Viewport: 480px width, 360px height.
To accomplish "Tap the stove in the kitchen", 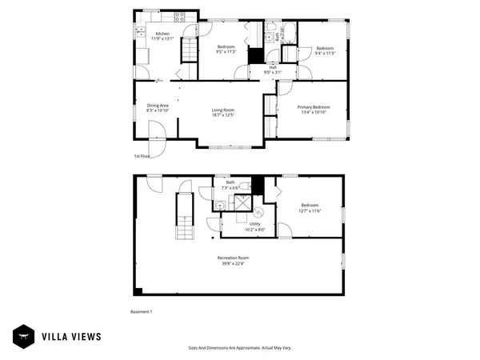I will tap(180, 15).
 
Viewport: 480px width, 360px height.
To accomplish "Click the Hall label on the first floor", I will tap(274, 66).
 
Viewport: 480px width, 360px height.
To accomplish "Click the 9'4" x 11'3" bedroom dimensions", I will tap(325, 53).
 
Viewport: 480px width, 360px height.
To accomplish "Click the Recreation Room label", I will tap(234, 257).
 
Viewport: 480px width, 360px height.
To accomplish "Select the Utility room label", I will tap(254, 223).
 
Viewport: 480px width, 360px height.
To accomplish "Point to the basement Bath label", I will tap(230, 182).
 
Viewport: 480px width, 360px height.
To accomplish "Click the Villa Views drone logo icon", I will tap(24, 336).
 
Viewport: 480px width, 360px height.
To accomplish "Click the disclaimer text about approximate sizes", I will tap(239, 348).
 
